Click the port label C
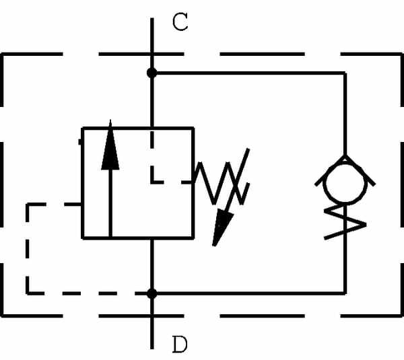(x=180, y=22)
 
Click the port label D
(x=180, y=345)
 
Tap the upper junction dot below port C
(x=152, y=72)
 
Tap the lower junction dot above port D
(x=152, y=293)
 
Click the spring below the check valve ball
(x=345, y=222)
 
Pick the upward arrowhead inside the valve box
(x=110, y=148)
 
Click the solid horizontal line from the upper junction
(x=249, y=72)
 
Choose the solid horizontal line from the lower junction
(x=249, y=293)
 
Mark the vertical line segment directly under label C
(x=152, y=44)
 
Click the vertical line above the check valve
(x=345, y=114)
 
